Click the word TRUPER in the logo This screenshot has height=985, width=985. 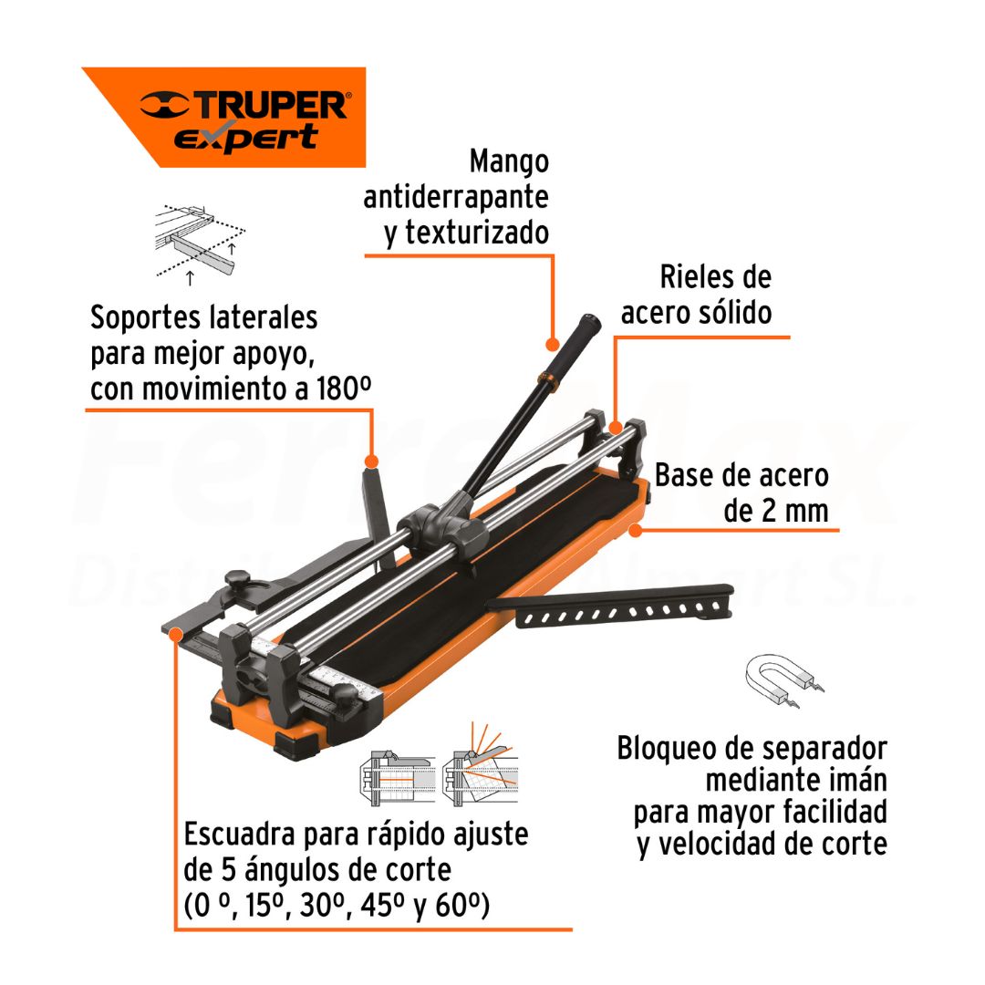click(271, 104)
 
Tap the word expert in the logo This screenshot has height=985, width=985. click(246, 138)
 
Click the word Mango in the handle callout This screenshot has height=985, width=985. click(509, 162)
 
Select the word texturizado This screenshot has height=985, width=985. click(477, 233)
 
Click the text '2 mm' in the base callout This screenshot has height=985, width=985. click(794, 511)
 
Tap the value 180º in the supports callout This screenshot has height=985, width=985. click(343, 389)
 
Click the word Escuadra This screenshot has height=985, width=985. click(239, 835)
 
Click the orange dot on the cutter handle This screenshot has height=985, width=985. click(552, 344)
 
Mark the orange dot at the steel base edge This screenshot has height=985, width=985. click(635, 530)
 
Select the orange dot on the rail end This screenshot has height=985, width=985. click(616, 429)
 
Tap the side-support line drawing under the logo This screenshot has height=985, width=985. click(200, 242)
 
